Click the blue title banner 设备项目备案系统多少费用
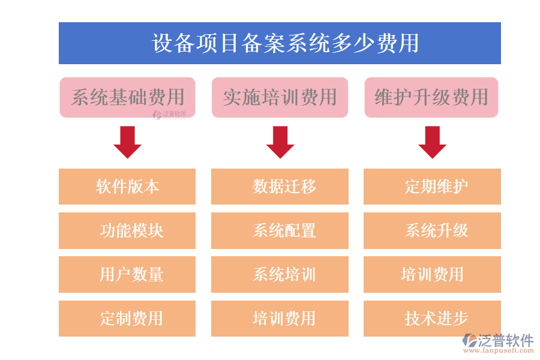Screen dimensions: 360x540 tap(280, 43)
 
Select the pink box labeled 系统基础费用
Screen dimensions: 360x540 tap(127, 97)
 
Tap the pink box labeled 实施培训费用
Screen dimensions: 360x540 tap(280, 97)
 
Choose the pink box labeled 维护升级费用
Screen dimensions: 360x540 tap(431, 97)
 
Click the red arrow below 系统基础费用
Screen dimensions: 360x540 tap(127, 142)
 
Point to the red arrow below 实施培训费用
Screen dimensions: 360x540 tap(280, 142)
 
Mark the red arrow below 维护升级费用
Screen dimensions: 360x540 tap(432, 142)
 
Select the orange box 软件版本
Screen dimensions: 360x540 tap(127, 187)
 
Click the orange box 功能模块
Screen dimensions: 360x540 tap(127, 230)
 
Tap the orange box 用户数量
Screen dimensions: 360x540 tap(127, 275)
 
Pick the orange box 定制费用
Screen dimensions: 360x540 tap(127, 318)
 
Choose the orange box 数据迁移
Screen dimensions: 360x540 tap(280, 187)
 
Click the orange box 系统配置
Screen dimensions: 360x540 tap(280, 230)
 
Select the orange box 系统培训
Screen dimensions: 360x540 tap(280, 275)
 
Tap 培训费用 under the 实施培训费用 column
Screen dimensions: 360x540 tap(280, 318)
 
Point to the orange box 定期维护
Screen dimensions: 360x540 tap(432, 187)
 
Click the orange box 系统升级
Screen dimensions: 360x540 tap(432, 230)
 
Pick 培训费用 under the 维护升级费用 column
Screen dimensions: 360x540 tap(432, 275)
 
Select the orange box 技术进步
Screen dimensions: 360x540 tap(432, 318)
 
